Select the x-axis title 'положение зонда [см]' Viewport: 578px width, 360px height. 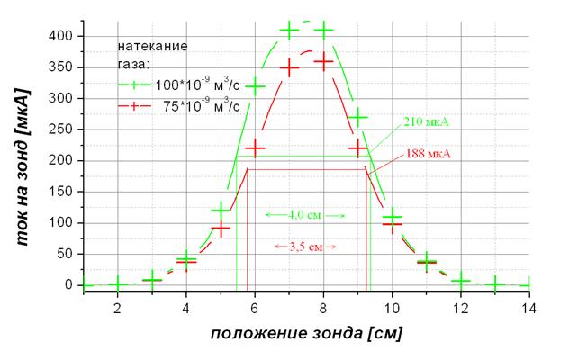click(x=306, y=333)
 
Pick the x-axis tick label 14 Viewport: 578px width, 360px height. click(x=529, y=307)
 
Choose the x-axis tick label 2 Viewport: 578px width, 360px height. click(x=117, y=307)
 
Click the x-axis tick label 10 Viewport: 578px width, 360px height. click(x=392, y=307)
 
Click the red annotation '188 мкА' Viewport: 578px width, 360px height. click(x=429, y=154)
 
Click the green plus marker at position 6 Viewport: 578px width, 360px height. click(x=255, y=86)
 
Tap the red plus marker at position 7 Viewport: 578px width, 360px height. click(x=289, y=67)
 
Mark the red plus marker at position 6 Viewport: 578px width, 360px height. click(x=255, y=148)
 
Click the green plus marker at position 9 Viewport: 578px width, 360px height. click(x=357, y=118)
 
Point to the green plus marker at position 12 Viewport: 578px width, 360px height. click(x=461, y=282)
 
